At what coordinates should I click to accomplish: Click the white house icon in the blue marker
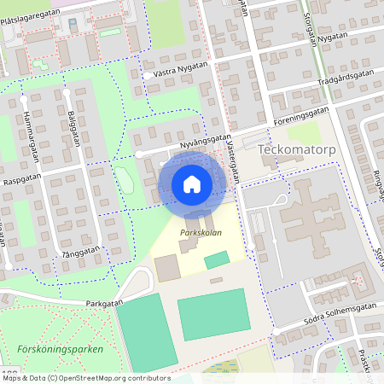(x=192, y=183)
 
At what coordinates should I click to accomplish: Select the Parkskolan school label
(x=201, y=233)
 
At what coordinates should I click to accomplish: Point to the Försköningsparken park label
(x=60, y=350)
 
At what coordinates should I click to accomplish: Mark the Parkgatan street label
(x=106, y=302)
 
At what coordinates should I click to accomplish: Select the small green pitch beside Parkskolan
(x=217, y=259)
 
